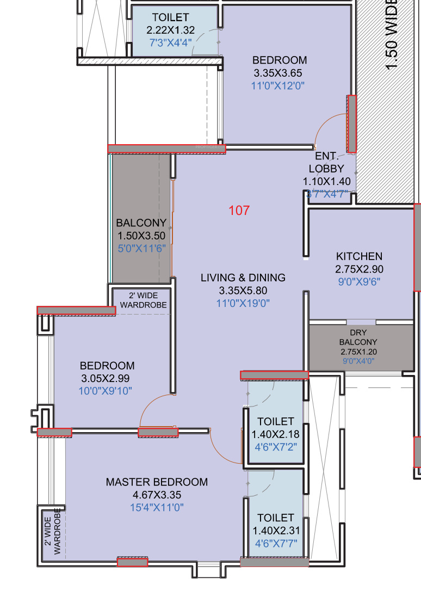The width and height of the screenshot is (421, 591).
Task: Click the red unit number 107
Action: [x=239, y=210]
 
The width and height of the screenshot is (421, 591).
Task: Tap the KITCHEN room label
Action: [x=359, y=256]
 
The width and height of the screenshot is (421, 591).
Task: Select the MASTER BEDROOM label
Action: [x=157, y=482]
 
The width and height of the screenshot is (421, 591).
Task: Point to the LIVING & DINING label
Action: [x=243, y=278]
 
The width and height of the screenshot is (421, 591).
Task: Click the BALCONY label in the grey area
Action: [x=141, y=223]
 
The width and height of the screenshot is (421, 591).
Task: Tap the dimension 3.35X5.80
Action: [x=243, y=290]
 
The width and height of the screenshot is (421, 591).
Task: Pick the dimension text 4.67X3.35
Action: [x=157, y=495]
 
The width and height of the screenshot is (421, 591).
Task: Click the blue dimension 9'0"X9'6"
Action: [x=359, y=281]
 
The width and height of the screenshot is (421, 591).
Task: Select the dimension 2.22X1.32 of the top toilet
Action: [x=170, y=30]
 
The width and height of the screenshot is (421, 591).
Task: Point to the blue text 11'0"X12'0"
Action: [x=277, y=85]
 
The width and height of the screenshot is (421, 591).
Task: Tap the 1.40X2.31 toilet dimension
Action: [x=276, y=531]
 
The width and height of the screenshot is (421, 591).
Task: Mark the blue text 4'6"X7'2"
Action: [x=276, y=447]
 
